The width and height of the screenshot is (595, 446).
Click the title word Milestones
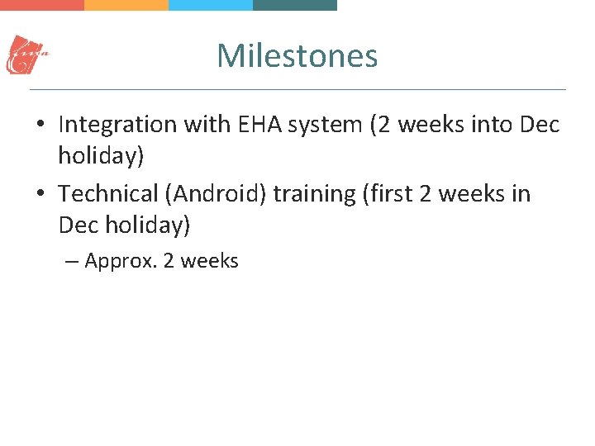pos(297,56)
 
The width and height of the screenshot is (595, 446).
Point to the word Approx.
pos(121,262)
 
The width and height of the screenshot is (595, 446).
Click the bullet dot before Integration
pos(40,126)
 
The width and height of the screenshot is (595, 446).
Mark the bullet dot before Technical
pos(40,195)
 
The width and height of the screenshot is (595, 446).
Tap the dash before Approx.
pos(71,262)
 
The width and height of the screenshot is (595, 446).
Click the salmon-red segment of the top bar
pos(42,4)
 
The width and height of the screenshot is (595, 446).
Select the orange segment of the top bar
pos(126,4)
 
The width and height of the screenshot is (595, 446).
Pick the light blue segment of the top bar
pos(211,4)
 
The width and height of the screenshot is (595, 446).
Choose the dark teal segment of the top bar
pos(295,4)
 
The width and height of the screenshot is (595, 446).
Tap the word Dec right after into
pos(540,125)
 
